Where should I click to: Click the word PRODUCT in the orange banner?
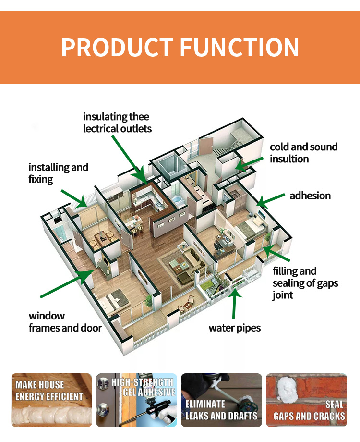click(117, 48)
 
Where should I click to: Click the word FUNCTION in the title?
click(239, 48)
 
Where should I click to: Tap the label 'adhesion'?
click(310, 196)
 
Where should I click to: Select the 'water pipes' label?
click(235, 328)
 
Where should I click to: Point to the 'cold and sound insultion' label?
click(304, 153)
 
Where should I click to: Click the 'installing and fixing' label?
click(58, 173)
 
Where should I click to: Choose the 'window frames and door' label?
click(65, 322)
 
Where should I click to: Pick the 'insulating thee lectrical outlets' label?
click(117, 123)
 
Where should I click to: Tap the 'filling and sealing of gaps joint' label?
click(305, 283)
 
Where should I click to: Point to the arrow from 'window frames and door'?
click(67, 283)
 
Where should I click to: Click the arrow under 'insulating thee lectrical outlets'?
click(129, 160)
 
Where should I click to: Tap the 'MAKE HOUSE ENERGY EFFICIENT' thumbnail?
click(51, 400)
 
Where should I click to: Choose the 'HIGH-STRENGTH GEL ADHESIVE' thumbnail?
click(136, 400)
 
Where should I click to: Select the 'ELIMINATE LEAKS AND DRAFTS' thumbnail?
click(221, 400)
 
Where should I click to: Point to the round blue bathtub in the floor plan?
click(178, 199)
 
